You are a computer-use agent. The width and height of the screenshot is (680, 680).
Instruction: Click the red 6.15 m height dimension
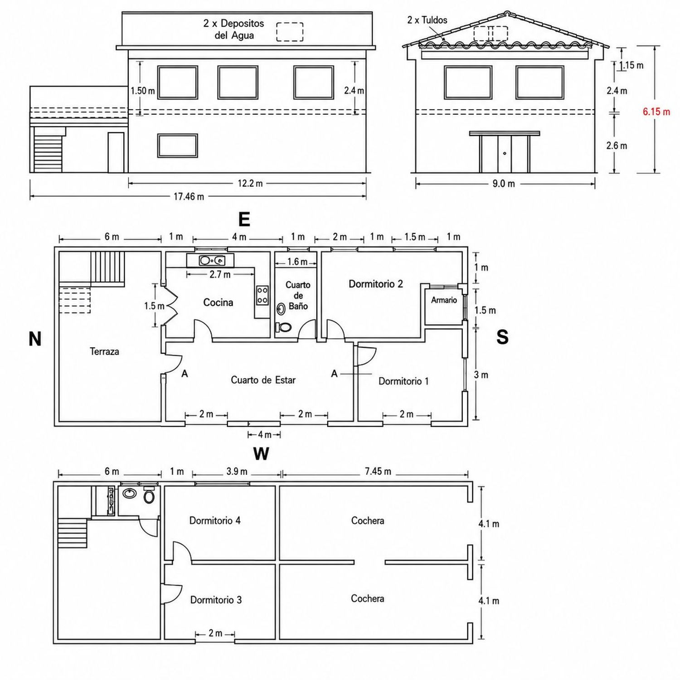coord(656,112)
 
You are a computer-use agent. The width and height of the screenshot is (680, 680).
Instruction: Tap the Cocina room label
coord(218,302)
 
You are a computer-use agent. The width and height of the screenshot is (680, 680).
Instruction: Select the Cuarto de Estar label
coord(263,380)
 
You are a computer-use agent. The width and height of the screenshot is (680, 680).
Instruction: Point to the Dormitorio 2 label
coord(376,284)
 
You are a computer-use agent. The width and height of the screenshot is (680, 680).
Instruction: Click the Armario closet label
coord(444,300)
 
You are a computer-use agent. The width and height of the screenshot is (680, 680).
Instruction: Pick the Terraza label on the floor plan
coord(104,351)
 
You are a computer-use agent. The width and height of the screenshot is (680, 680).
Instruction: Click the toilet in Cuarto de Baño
coord(283,327)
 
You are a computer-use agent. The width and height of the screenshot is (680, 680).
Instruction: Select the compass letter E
coord(244,219)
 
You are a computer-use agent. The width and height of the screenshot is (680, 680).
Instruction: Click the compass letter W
coord(261,454)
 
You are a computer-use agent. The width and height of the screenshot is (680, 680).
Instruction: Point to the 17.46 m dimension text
coord(189,197)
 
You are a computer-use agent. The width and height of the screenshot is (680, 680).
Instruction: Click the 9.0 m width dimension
coord(504,184)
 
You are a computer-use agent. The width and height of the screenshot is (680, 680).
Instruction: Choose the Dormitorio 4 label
coord(215,520)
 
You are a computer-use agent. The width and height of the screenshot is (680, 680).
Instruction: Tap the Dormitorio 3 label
coord(216,600)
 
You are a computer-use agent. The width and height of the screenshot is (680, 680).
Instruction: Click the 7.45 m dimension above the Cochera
coord(378,471)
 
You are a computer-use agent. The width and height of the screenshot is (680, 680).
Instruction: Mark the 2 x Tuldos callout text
coord(427,20)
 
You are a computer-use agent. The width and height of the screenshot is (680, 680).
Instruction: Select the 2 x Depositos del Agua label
coord(234,29)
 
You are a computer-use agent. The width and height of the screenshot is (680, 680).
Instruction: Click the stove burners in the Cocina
coord(262,295)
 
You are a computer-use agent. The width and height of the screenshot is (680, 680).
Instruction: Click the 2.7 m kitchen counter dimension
coord(220,274)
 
